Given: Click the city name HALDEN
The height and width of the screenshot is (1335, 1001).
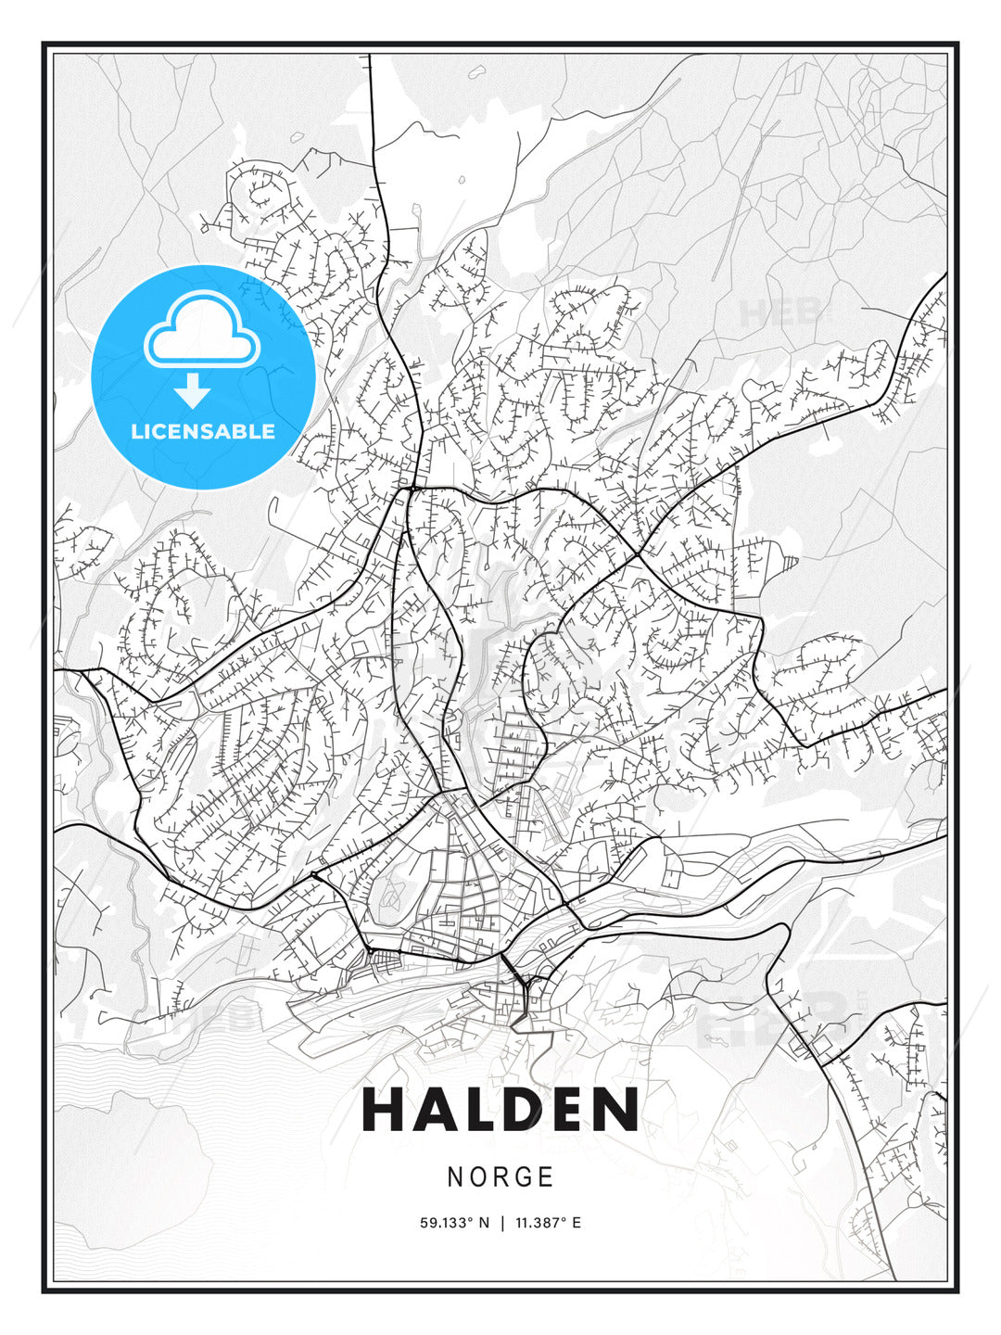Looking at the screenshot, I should tap(500, 1110).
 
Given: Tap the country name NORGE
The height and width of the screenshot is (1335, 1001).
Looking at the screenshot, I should tap(500, 1177).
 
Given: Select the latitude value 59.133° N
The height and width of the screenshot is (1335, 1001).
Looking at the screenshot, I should tap(454, 1223).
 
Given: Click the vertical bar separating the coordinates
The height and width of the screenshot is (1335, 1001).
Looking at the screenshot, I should tap(501, 1223).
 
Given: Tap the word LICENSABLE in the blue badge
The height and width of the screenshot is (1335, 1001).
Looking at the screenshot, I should tap(203, 431).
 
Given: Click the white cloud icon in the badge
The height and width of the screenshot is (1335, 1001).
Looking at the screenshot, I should tap(199, 330).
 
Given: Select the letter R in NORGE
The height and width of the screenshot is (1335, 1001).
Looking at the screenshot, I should tap(501, 1177).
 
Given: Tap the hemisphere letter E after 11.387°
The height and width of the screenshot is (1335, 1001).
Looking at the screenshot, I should tap(577, 1223).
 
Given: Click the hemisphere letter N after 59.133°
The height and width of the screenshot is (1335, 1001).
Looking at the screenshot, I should tap(483, 1223).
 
